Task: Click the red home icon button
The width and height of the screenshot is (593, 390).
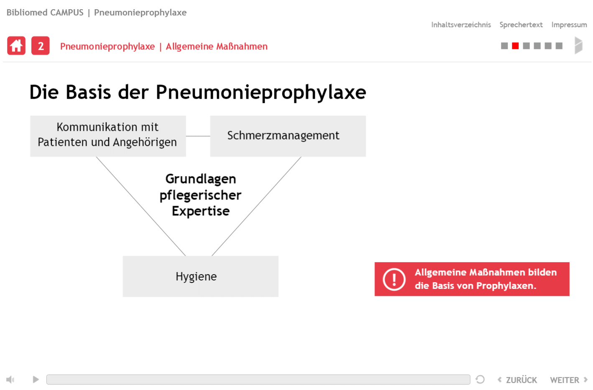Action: tap(16, 46)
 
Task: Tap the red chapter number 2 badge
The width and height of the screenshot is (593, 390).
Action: tap(41, 46)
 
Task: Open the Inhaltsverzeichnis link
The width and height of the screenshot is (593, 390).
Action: tap(461, 25)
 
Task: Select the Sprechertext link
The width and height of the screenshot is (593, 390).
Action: tap(521, 25)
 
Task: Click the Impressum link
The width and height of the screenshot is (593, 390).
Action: tap(569, 25)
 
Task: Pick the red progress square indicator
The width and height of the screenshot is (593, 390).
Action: tap(515, 46)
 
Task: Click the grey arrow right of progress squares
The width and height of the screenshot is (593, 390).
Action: tap(579, 46)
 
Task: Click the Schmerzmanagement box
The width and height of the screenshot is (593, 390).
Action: tap(288, 136)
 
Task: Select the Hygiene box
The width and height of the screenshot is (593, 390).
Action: tap(200, 276)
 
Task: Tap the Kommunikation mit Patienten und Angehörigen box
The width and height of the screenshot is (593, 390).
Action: tap(108, 136)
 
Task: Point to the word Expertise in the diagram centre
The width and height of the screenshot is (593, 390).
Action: tap(201, 211)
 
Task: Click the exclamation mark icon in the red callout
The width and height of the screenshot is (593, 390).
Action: tap(394, 279)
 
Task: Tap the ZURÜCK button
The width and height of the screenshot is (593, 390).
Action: tap(517, 380)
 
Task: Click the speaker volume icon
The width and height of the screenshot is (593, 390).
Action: tap(10, 380)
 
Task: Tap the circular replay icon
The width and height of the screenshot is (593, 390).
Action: tap(480, 380)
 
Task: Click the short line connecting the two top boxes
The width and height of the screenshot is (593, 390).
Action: tap(198, 136)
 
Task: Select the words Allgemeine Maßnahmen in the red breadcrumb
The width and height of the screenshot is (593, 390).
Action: tap(217, 46)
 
